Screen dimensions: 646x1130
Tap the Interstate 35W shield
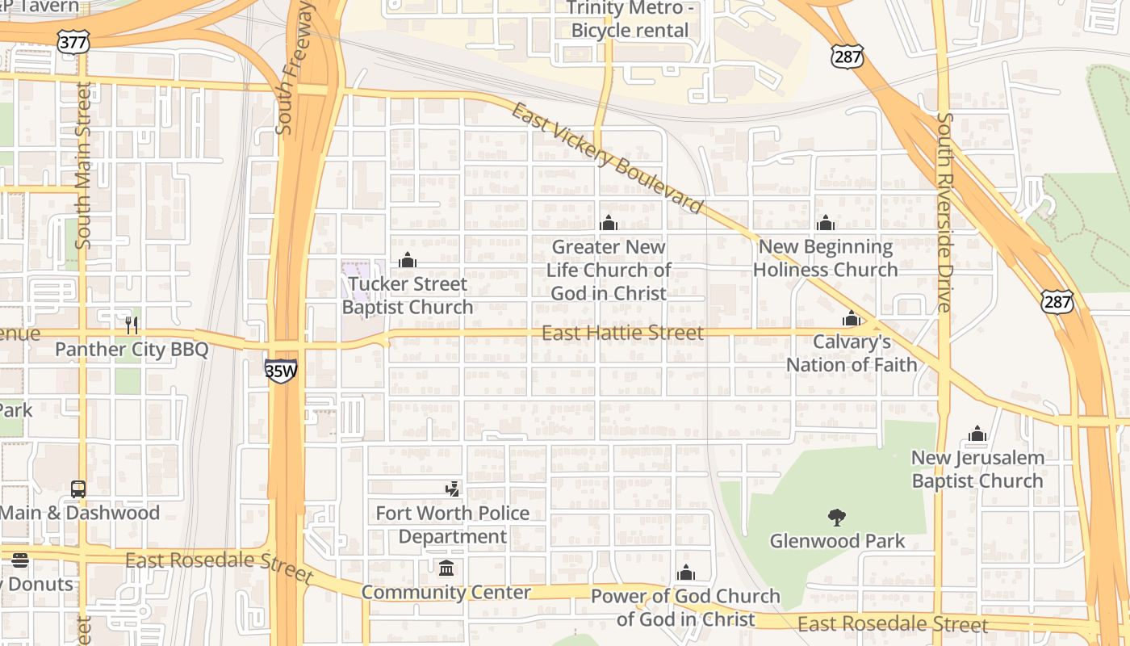point(281,371)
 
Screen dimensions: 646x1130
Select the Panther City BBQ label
point(132,350)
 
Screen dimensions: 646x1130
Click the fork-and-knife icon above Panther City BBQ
point(132,325)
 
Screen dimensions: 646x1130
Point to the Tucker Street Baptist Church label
point(408,296)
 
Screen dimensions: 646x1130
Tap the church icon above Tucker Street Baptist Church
point(408,260)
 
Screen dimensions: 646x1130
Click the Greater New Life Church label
point(609,270)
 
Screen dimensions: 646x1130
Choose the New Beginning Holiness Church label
point(825,258)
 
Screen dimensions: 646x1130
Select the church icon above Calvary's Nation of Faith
point(852,319)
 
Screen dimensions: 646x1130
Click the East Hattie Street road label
point(622,333)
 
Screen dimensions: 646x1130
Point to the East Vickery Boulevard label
point(607,159)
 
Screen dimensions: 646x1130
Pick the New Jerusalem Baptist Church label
point(977,469)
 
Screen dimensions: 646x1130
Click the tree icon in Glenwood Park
point(837,517)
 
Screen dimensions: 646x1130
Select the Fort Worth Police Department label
point(453,525)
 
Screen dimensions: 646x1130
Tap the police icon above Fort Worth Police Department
point(453,489)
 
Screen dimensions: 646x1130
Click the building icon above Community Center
point(446,568)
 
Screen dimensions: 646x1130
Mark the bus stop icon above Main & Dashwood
point(78,489)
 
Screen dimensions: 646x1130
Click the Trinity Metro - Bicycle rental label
point(630,19)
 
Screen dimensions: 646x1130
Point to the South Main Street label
point(84,165)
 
